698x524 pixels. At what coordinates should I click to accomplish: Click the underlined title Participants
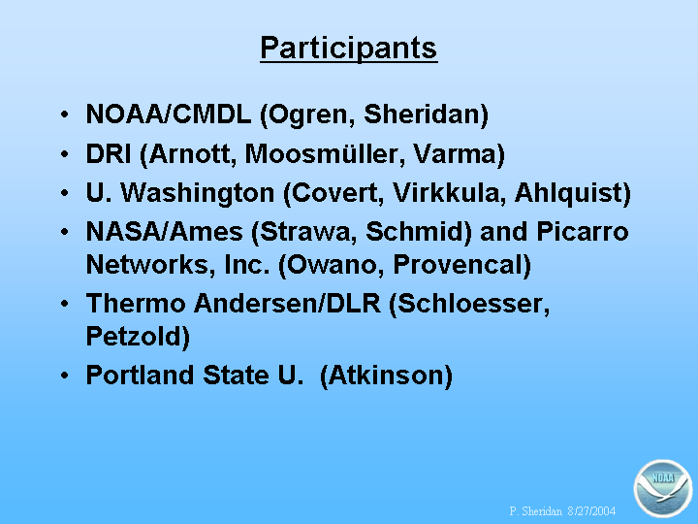[349, 49]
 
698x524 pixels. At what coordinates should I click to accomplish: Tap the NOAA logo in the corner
[663, 488]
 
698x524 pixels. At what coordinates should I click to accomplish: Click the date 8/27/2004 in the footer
[591, 510]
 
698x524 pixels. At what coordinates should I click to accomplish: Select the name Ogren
[312, 115]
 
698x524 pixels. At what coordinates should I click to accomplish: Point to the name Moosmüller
[325, 154]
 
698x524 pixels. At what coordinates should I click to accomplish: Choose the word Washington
[197, 194]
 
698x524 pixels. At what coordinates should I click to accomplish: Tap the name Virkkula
[449, 193]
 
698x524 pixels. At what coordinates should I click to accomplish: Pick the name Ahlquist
[567, 194]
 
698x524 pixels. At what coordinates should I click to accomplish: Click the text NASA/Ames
[164, 232]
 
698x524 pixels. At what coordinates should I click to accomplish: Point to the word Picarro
[583, 232]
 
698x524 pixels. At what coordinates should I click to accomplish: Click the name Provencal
[458, 265]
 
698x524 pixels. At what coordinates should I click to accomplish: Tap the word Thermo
[136, 304]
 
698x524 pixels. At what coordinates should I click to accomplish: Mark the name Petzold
[134, 337]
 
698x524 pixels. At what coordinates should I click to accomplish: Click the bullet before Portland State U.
[65, 376]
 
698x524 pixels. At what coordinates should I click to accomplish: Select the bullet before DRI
[65, 154]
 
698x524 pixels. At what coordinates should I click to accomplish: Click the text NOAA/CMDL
[169, 115]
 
